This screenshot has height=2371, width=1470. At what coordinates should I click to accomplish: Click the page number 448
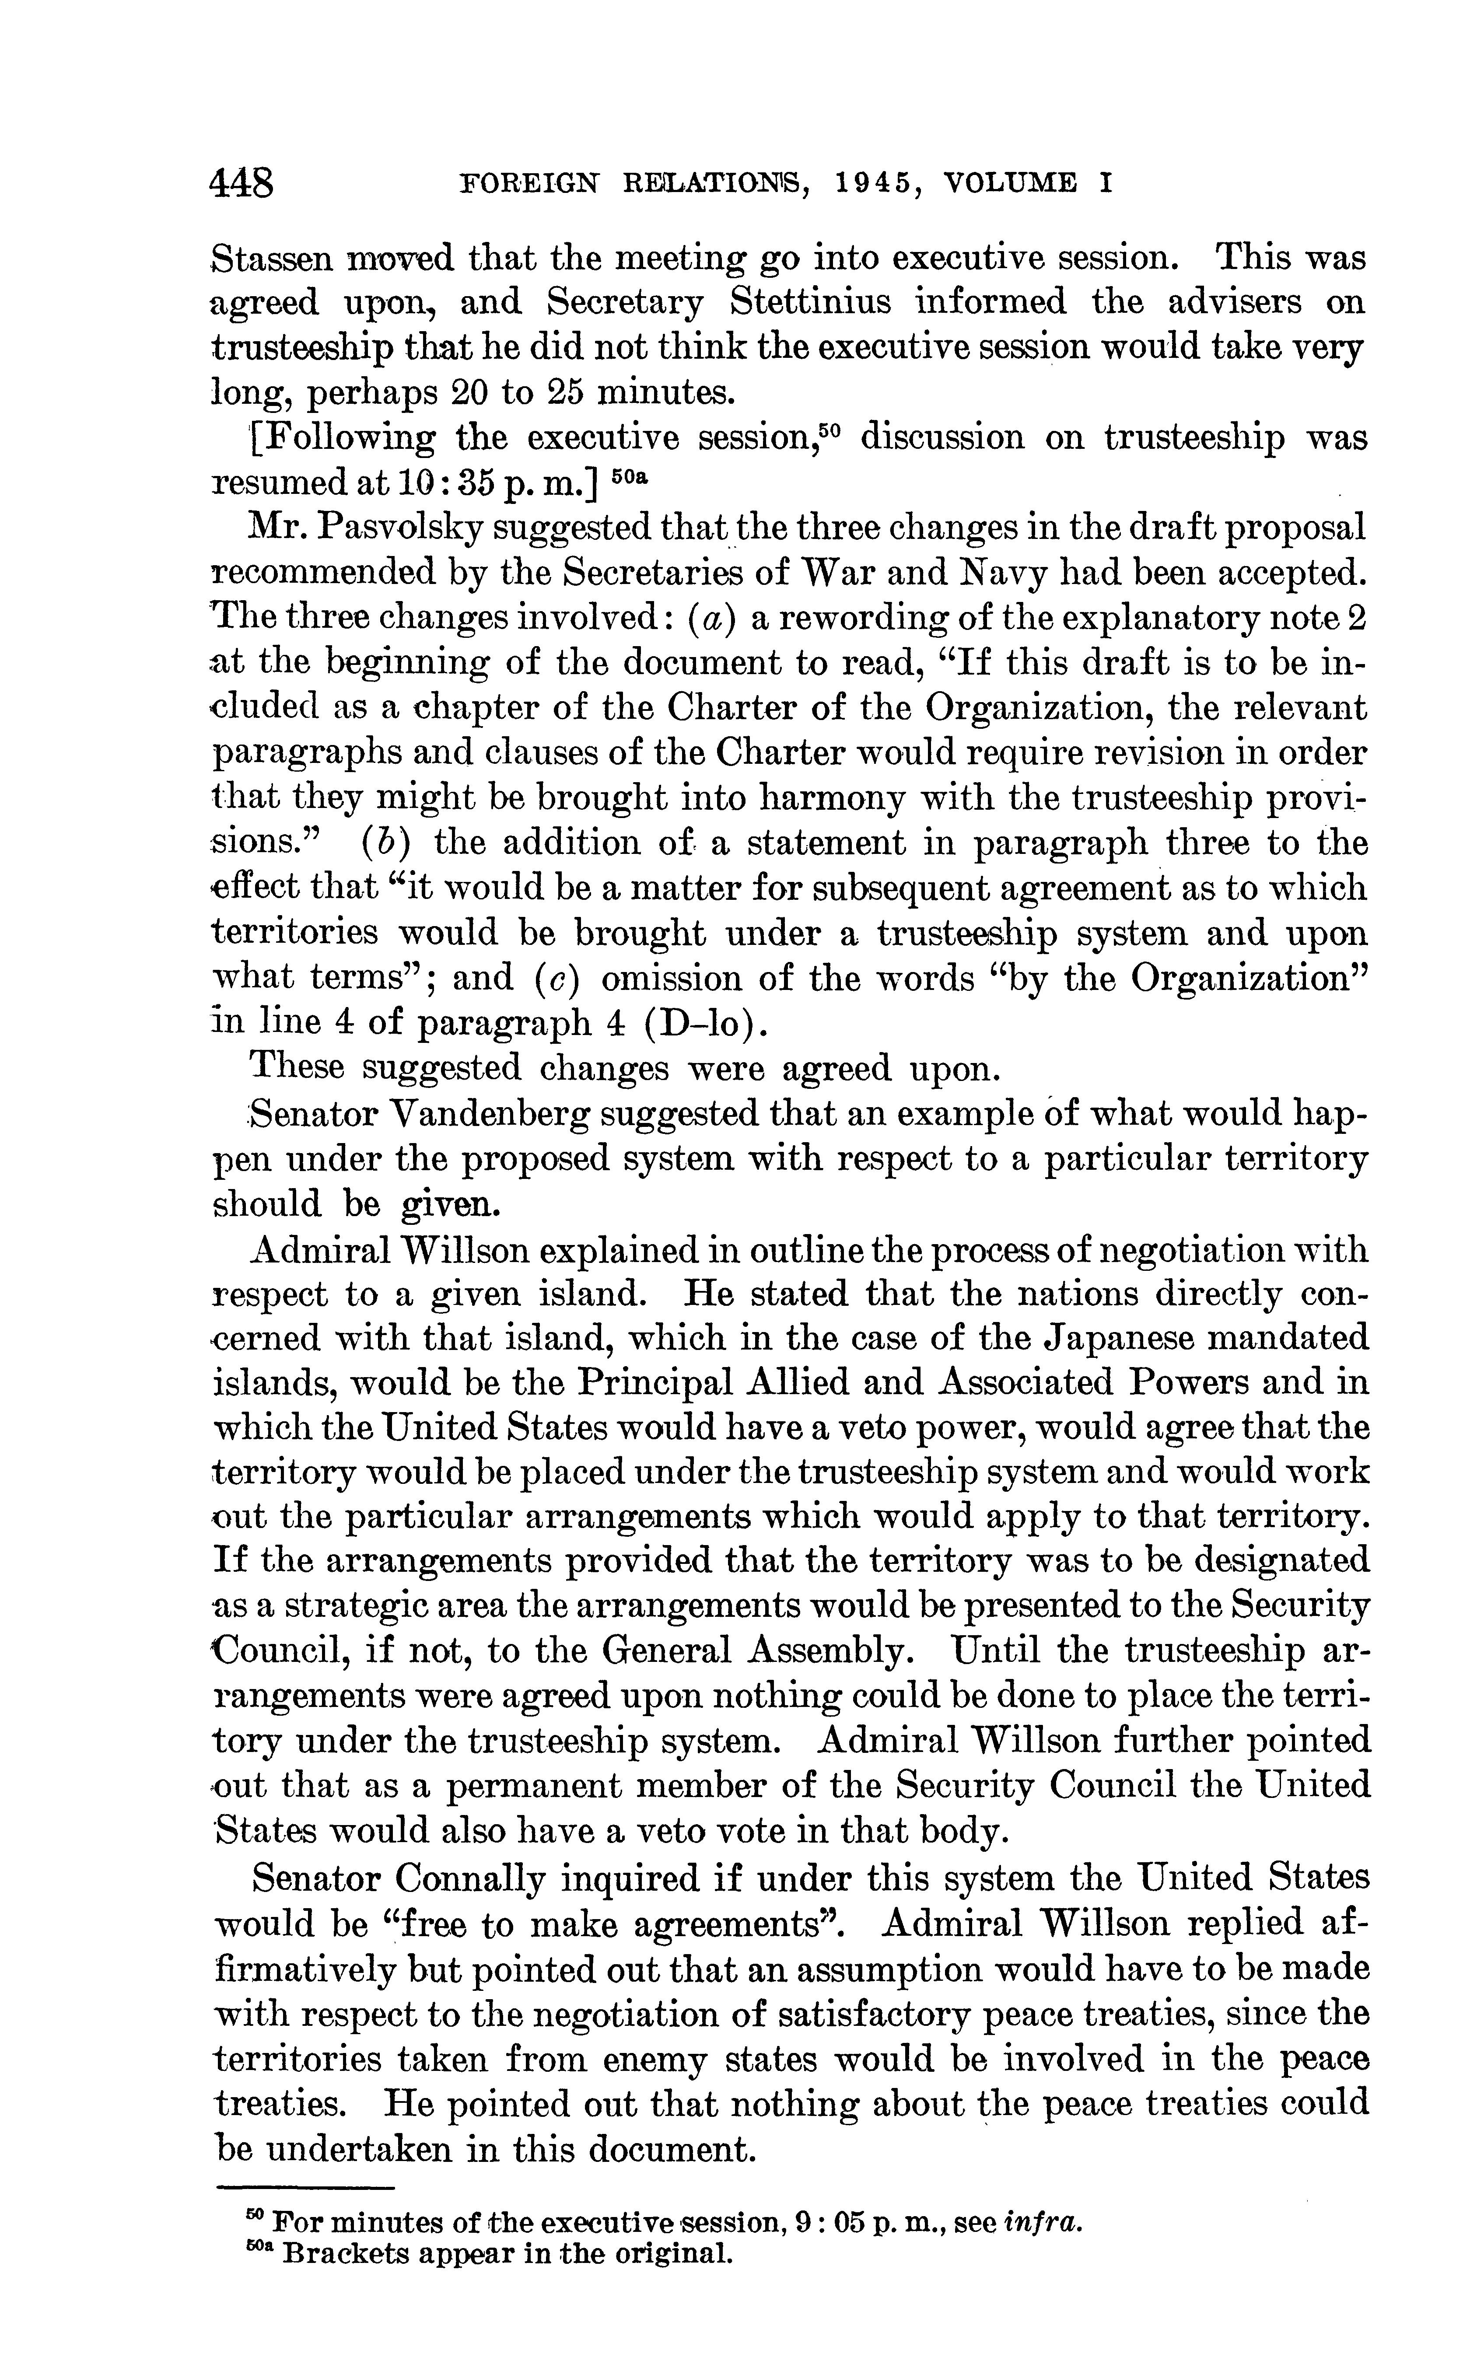point(242,183)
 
